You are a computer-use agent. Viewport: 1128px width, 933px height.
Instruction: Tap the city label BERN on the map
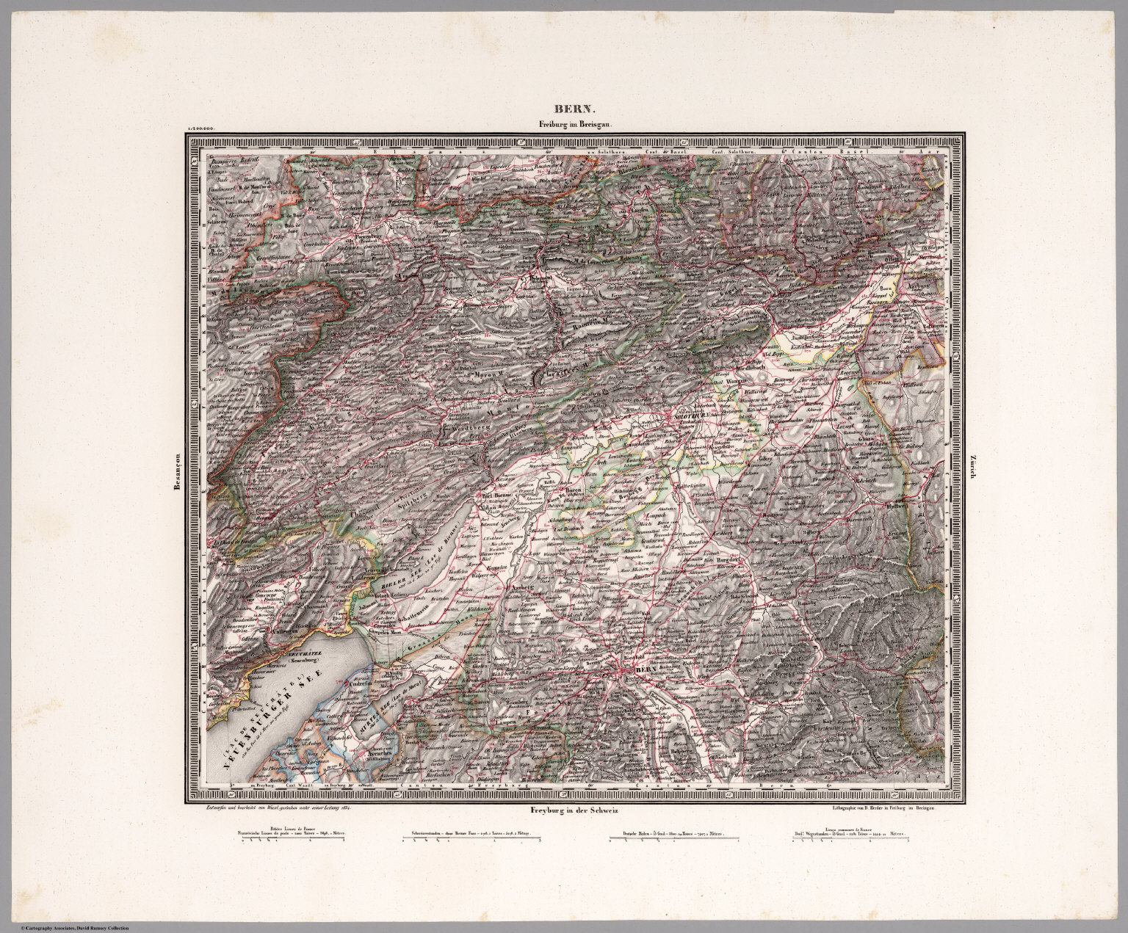tap(644, 670)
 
